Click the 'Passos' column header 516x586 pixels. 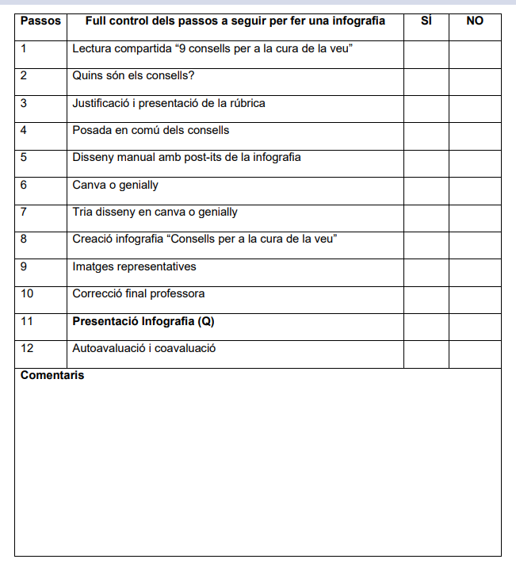(40, 21)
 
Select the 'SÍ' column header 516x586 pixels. (426, 21)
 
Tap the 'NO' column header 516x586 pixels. (475, 21)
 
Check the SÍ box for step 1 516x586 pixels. (426, 54)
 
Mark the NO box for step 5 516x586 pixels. (475, 163)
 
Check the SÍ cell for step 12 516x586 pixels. (426, 354)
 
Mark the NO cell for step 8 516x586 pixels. (475, 244)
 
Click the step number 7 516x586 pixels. (24, 212)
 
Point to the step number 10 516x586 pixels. (26, 293)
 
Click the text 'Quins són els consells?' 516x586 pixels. (133, 76)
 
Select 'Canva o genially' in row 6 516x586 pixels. (115, 185)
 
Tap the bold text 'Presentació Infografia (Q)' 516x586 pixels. (143, 321)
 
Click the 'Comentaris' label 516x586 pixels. (52, 375)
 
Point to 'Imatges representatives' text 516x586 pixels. (134, 266)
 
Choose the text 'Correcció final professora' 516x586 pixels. (138, 293)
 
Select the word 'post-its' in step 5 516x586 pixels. (207, 157)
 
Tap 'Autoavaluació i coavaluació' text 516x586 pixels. (143, 348)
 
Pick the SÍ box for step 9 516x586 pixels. (426, 272)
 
